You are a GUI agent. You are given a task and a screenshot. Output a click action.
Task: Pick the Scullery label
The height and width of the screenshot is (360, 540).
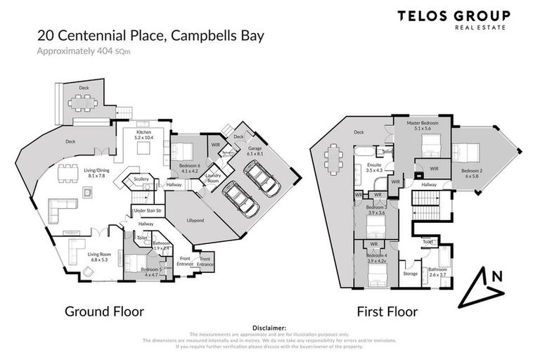coord(141,179)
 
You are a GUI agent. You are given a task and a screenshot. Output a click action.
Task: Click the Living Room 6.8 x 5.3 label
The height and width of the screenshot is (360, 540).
coord(84,257)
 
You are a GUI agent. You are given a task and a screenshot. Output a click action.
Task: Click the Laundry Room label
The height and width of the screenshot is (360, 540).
coord(214,177)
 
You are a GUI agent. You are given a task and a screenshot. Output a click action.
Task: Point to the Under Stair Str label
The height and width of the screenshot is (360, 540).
coord(148,210)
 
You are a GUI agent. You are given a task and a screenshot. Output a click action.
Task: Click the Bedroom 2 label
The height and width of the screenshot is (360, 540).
coord(472,173)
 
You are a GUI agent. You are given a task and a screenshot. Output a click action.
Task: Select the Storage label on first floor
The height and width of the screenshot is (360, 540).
coord(410,274)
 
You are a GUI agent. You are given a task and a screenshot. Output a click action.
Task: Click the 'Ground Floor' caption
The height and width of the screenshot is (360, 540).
coord(104,311)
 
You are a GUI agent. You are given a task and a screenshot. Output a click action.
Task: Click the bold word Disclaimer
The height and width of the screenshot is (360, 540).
coord(269,327)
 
